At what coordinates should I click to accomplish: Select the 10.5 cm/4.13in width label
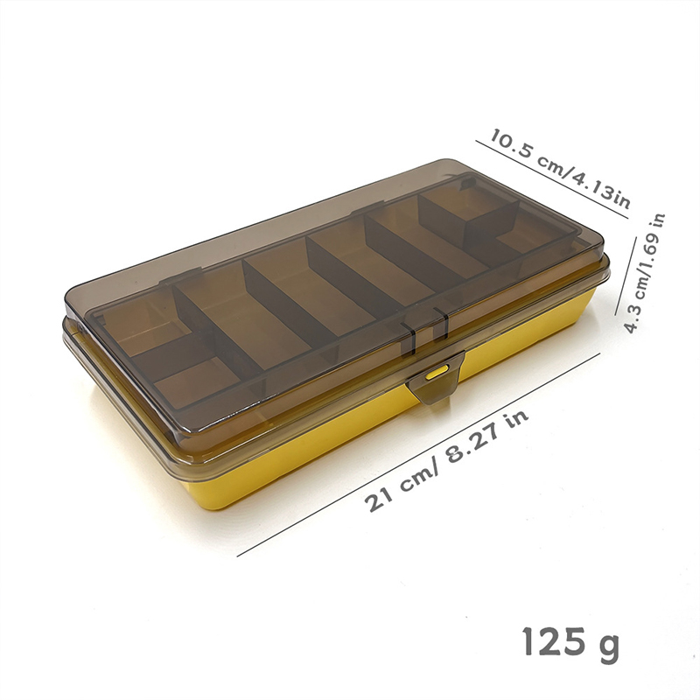point(560,169)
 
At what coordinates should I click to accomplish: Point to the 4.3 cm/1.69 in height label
point(644,272)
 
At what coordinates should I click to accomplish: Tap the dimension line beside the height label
point(626,276)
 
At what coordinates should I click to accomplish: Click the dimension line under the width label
point(552,180)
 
